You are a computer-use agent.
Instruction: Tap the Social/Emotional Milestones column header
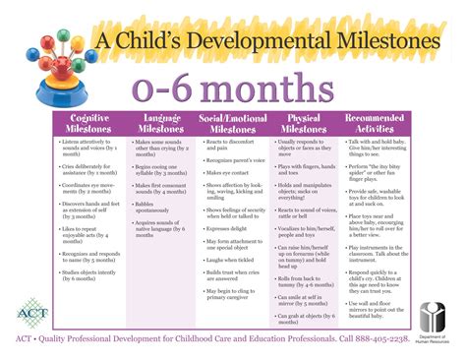[237, 124]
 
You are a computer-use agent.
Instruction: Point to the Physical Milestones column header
[308, 124]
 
